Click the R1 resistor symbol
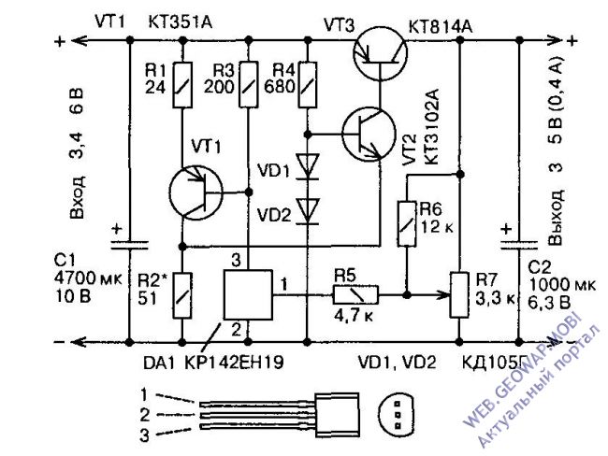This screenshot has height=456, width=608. coord(181,84)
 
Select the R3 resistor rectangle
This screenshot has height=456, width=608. coord(249,84)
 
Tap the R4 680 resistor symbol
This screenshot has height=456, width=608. coord(308,84)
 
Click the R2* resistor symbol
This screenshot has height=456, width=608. coord(181,295)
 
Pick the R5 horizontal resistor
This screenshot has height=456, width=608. coord(355,295)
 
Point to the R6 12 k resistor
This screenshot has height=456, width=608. coord(407,223)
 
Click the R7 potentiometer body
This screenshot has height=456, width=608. coord(459,295)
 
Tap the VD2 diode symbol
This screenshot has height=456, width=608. coord(308,211)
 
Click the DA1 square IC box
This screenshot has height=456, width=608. coord(249,294)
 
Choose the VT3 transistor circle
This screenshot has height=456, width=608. coord(381,54)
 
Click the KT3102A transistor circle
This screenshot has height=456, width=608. coord(369,134)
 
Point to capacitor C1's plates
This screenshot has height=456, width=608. coord(130,245)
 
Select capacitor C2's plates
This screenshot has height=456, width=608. coord(519,245)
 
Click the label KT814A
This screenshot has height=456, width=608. coord(441,28)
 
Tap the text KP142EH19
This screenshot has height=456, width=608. coord(234,363)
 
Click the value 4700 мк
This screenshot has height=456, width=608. coord(88,278)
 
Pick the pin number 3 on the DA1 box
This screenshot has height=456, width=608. coord(236,261)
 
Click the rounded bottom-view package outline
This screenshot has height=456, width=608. coord(396,414)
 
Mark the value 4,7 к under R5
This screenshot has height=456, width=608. coord(354,316)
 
